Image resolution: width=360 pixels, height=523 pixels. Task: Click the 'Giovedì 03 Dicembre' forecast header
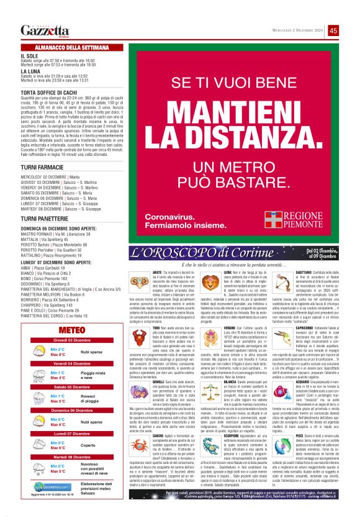coord(70,341)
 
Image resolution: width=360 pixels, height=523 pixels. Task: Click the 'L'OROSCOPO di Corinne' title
coord(189,253)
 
